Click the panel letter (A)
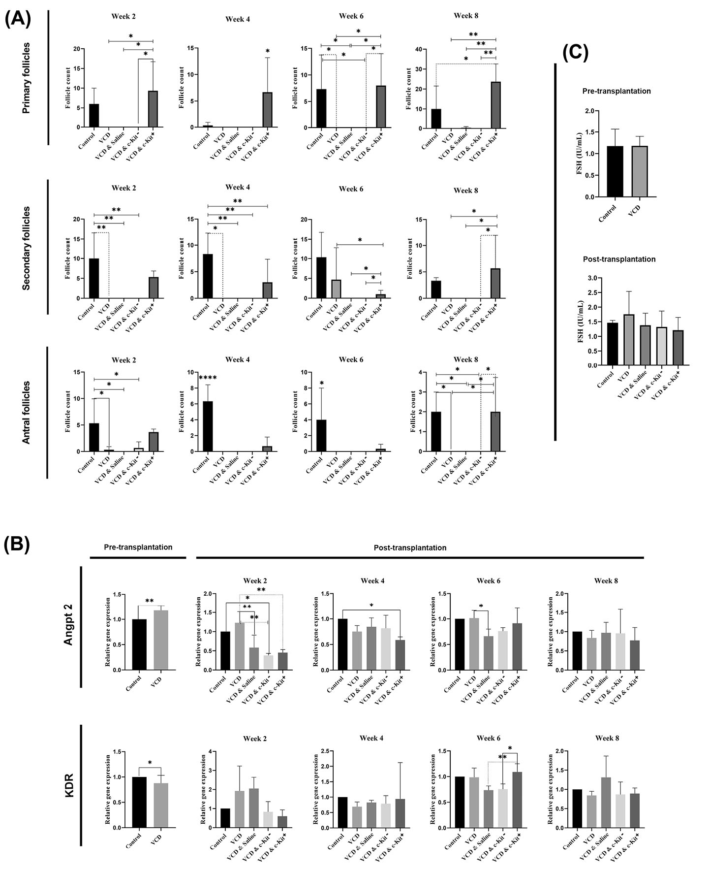pyautogui.click(x=18, y=19)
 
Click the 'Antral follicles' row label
pyautogui.click(x=27, y=413)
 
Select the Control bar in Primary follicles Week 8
pyautogui.click(x=436, y=119)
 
